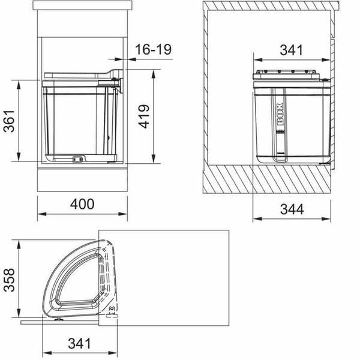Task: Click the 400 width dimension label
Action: (x=82, y=204)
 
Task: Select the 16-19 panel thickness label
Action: (x=153, y=49)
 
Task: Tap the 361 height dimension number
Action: (x=10, y=121)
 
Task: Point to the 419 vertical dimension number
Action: (x=144, y=116)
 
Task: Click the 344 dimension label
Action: (x=292, y=209)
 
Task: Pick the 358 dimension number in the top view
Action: (x=10, y=280)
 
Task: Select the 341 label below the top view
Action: (x=79, y=344)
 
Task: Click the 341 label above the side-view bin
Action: (x=292, y=50)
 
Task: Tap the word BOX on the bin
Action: (x=280, y=114)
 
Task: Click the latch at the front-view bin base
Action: (x=77, y=159)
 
